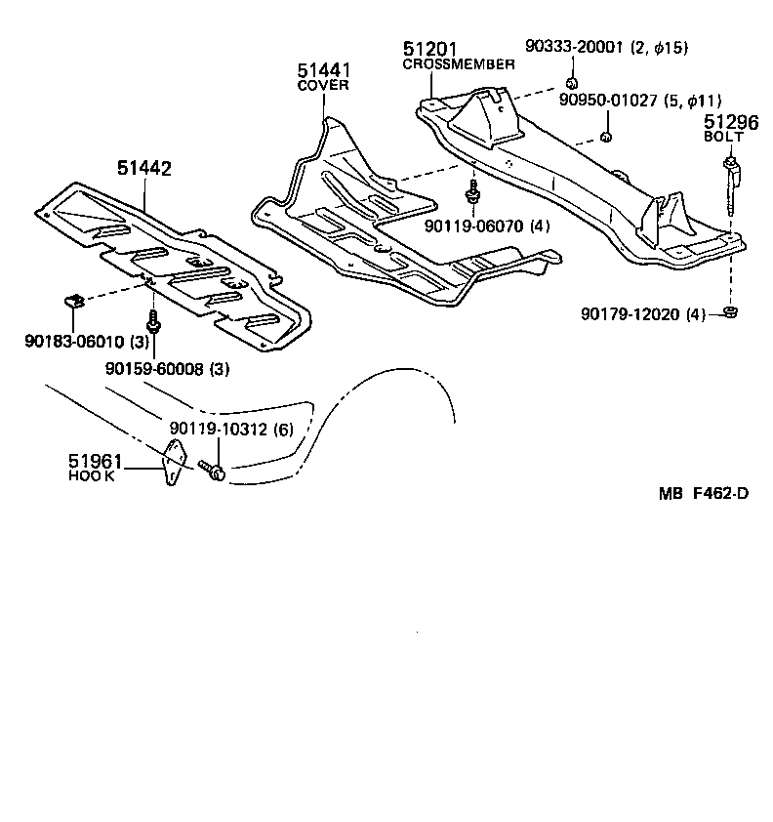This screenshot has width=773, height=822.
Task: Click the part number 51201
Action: (x=429, y=50)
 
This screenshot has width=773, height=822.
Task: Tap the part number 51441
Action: (x=324, y=70)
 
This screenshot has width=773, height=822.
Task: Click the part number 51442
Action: (x=144, y=169)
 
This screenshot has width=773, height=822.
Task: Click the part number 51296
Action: (x=731, y=122)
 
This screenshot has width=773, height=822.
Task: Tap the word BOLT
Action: (x=724, y=138)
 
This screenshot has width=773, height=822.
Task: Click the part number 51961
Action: (x=95, y=460)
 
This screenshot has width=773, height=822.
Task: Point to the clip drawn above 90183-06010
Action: (x=72, y=300)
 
